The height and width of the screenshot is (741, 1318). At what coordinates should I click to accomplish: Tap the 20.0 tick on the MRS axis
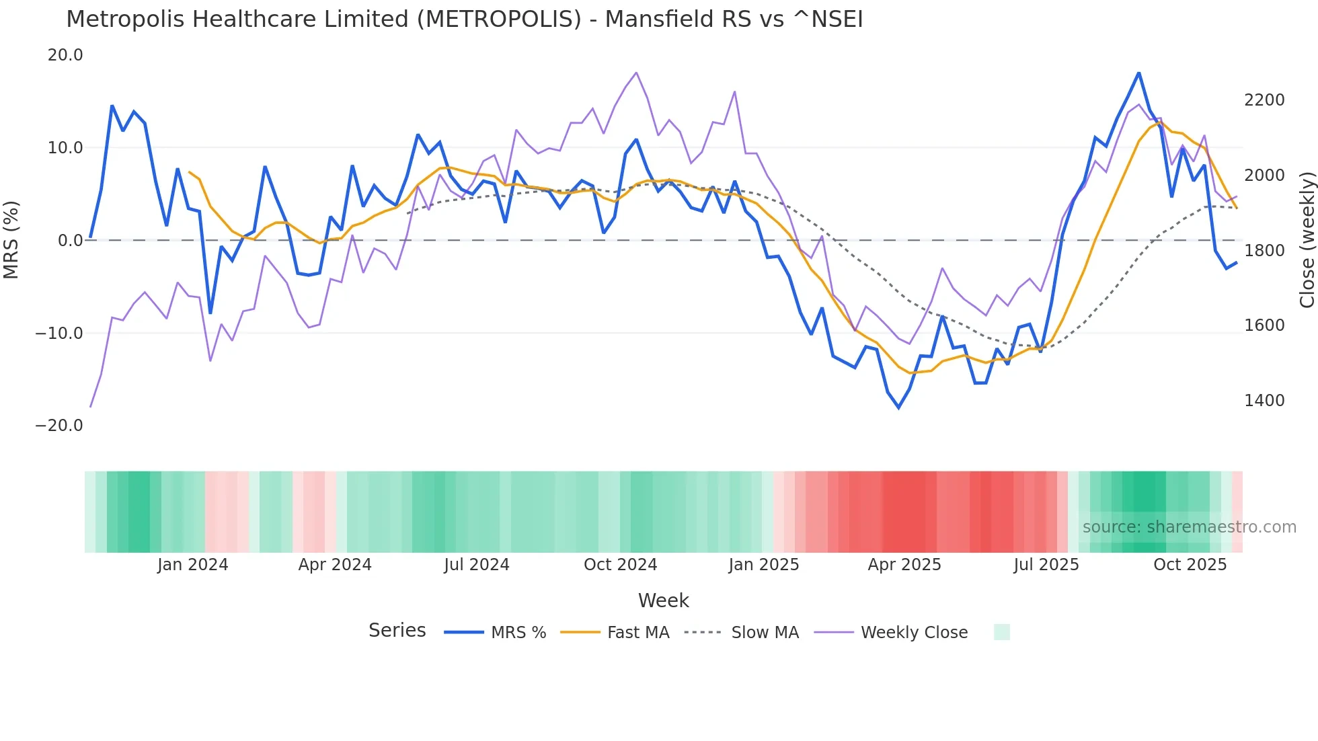coord(65,55)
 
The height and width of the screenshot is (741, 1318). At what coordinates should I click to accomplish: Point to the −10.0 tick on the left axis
coord(59,333)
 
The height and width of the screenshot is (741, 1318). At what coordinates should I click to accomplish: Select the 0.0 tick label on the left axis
coord(70,240)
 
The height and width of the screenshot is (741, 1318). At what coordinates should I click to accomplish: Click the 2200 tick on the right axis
coord(1264,100)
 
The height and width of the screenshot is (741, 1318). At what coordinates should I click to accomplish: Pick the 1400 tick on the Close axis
coord(1264,400)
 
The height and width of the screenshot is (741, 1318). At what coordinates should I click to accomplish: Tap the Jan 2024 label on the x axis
coord(193,565)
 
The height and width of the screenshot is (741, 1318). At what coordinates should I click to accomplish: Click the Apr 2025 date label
coord(904,565)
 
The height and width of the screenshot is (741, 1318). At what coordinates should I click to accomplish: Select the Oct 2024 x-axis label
coord(620,565)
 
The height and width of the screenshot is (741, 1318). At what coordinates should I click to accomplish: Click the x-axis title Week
coord(663,600)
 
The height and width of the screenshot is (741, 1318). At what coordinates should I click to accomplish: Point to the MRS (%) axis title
coord(11,239)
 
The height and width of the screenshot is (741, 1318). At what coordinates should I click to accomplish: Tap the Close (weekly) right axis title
coord(1307,240)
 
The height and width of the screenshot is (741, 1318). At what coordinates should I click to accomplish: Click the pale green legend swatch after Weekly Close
coord(1001,632)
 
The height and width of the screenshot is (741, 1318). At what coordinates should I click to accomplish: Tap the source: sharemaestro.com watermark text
coord(1189,527)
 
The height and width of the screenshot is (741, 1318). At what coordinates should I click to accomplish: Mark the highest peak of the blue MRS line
coord(1138,73)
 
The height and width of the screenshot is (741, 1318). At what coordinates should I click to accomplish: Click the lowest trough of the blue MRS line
coord(899,407)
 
